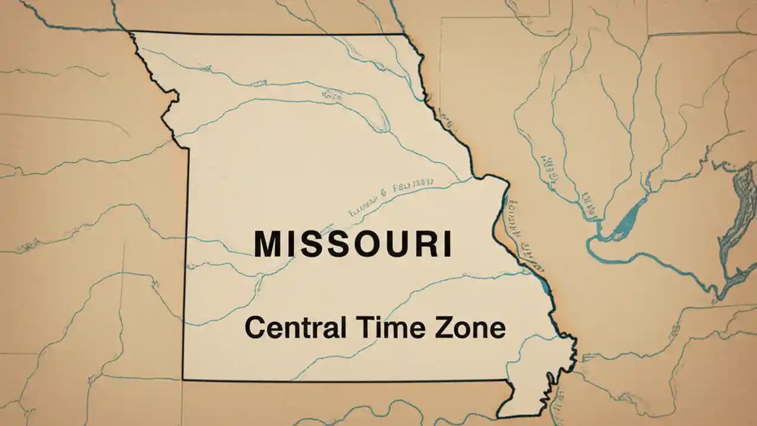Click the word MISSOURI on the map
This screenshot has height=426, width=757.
pos(353,244)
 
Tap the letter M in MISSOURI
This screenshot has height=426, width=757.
pos(268,244)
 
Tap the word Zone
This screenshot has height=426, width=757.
pos(470,327)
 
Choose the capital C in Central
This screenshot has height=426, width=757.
pos(254,328)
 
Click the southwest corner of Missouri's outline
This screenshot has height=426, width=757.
pos(183,379)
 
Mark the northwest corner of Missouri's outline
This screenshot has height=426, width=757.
pos(131,32)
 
